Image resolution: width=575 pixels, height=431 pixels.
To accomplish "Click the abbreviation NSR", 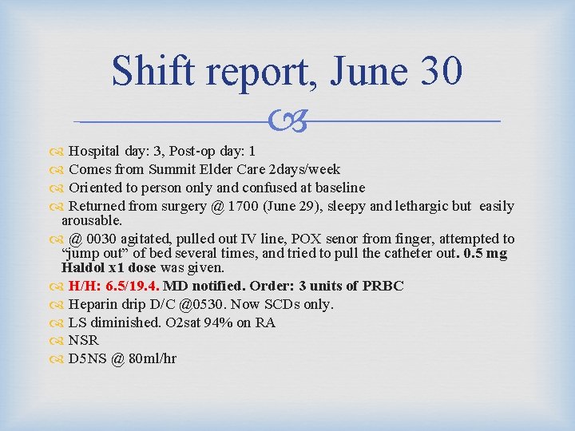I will (84, 340).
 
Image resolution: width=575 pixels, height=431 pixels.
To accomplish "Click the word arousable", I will (92, 219).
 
